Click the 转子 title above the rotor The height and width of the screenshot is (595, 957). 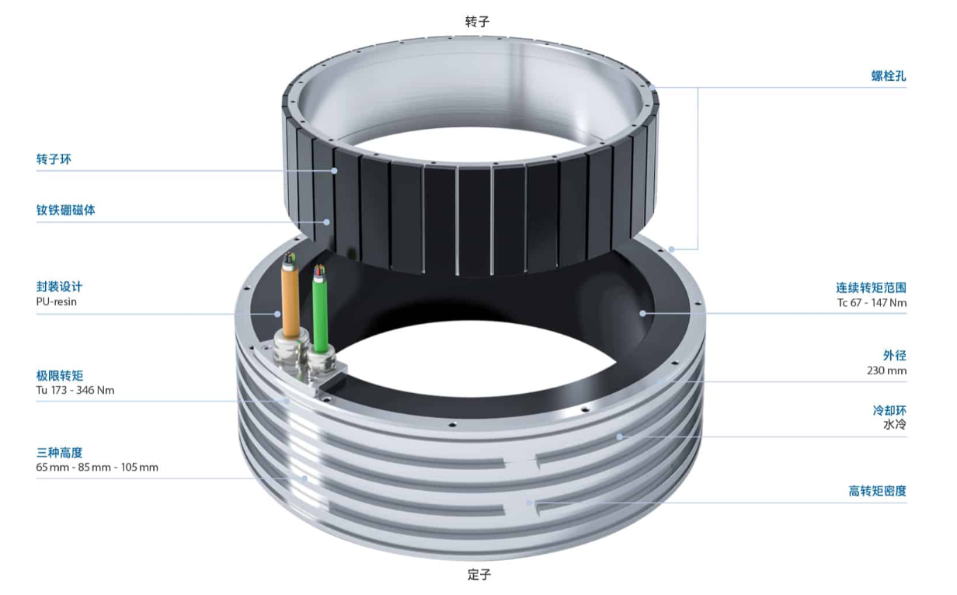pyautogui.click(x=477, y=21)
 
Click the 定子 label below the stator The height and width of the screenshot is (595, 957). pyautogui.click(x=479, y=575)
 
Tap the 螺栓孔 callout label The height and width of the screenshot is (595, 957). pyautogui.click(x=889, y=76)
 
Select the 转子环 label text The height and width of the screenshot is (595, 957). pyautogui.click(x=54, y=159)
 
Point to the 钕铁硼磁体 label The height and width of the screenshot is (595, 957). pyautogui.click(x=66, y=210)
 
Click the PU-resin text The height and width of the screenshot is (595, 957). pyautogui.click(x=57, y=301)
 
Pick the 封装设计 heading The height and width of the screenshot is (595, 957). pyautogui.click(x=59, y=286)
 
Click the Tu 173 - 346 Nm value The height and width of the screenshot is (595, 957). pyautogui.click(x=75, y=390)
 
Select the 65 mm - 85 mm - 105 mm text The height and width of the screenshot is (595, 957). pyautogui.click(x=97, y=467)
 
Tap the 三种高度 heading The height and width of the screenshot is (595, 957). pyautogui.click(x=59, y=452)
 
